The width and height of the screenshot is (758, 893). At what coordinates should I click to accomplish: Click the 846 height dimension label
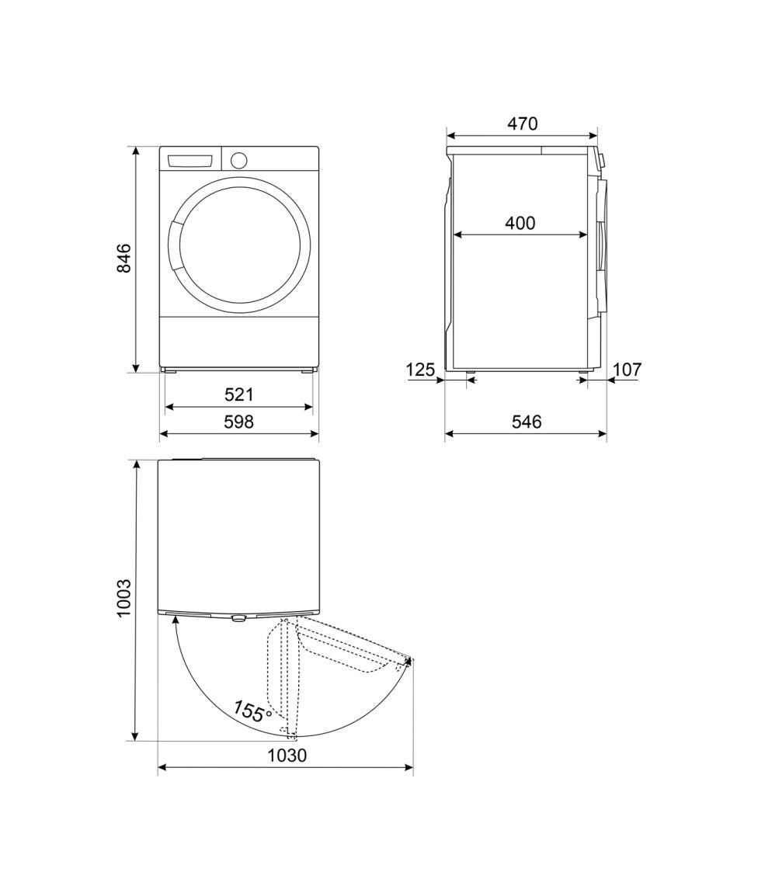pos(123,258)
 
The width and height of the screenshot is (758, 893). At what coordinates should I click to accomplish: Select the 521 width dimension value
pos(238,394)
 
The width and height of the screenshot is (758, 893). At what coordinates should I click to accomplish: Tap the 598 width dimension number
pos(238,422)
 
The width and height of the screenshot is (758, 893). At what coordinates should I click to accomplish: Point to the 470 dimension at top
pos(522,123)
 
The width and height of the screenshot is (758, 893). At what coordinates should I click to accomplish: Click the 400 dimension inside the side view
pos(520,223)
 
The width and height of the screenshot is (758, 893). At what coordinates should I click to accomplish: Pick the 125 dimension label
pos(420,370)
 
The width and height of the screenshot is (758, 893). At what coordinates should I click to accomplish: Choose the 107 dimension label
pos(628,370)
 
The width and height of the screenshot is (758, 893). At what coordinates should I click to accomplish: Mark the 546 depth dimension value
pos(527,422)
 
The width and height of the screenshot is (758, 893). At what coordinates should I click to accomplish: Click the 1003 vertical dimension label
pos(123,598)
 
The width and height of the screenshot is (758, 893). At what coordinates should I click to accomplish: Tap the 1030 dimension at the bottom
pos(287,756)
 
